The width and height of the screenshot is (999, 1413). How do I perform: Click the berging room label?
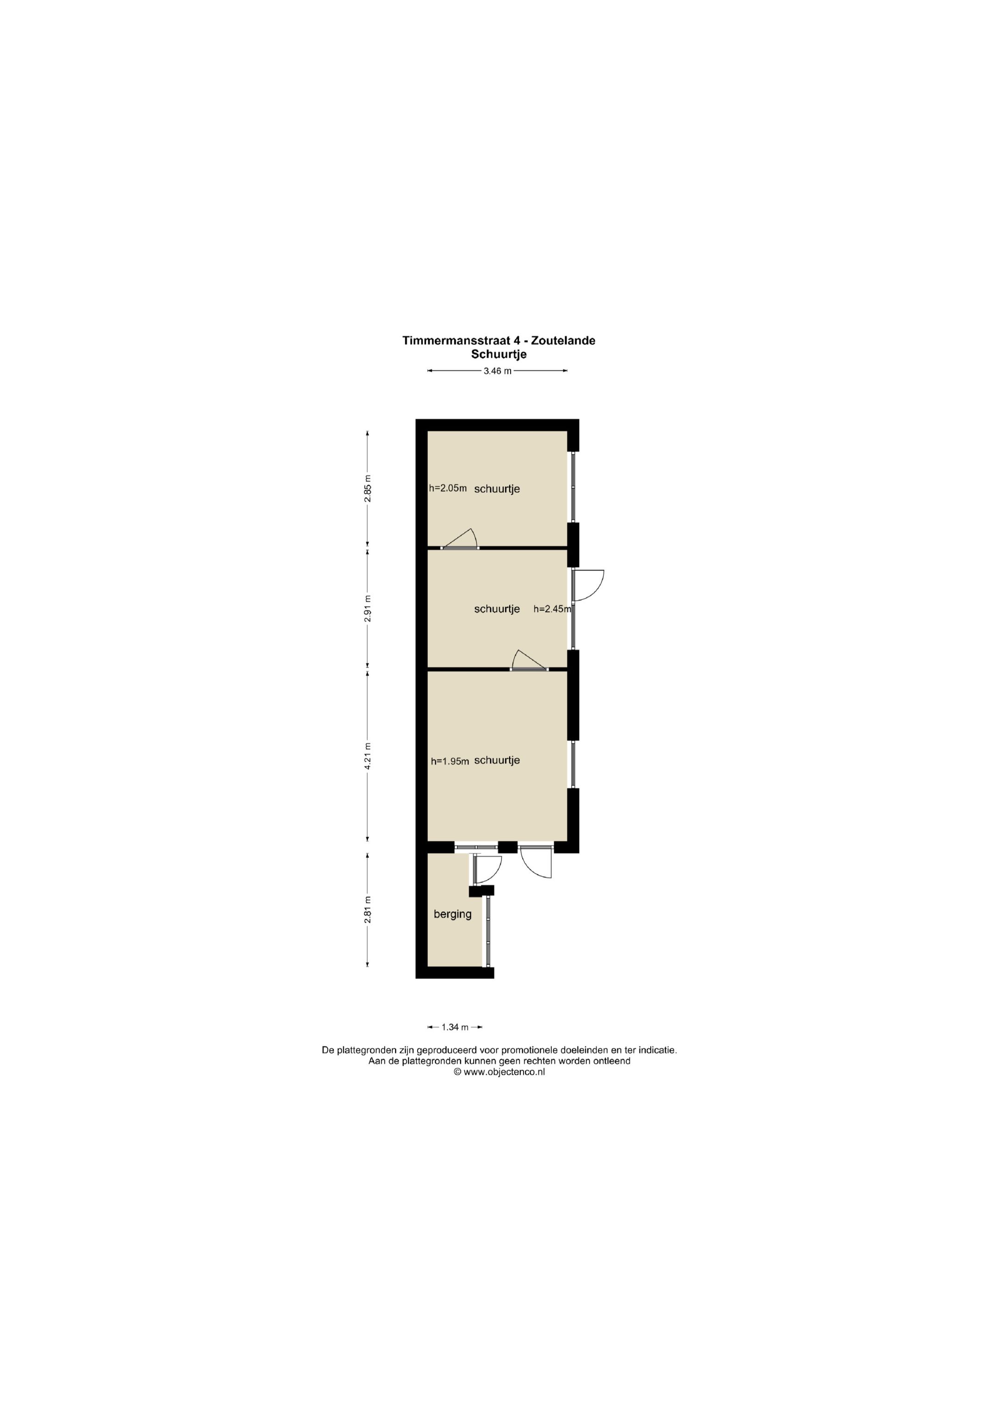tap(452, 915)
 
